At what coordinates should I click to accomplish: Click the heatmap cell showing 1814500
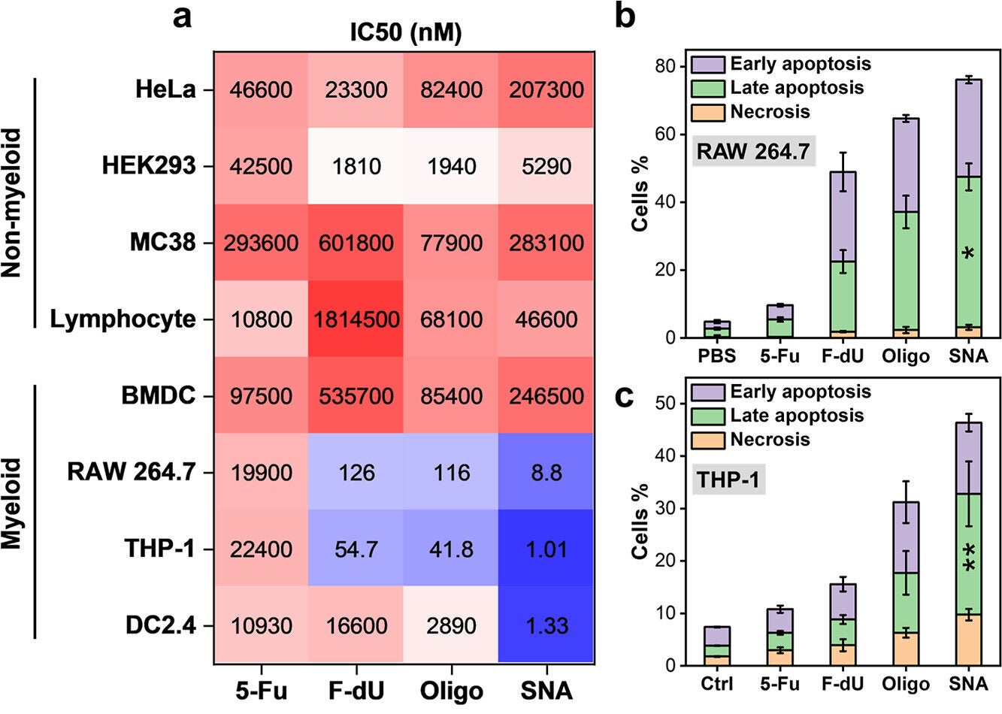(x=356, y=319)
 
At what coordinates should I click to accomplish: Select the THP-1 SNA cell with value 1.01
(x=546, y=549)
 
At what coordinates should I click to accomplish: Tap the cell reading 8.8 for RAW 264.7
(x=546, y=473)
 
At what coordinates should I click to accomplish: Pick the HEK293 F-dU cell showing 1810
(x=356, y=166)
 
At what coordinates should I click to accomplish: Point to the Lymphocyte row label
(x=123, y=319)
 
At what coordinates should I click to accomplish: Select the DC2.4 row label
(x=159, y=625)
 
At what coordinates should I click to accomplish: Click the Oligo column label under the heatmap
(x=451, y=691)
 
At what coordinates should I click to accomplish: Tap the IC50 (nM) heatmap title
(x=406, y=33)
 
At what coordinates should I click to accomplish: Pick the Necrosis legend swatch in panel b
(x=707, y=112)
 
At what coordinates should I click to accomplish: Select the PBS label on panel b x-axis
(x=717, y=355)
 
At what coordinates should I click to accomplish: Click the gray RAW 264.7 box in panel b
(x=753, y=152)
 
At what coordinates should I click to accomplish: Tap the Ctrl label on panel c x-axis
(x=717, y=684)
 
